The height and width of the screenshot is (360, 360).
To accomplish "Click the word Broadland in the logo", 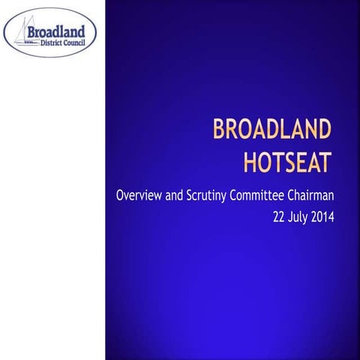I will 61,33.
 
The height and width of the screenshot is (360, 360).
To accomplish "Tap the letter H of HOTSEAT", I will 250,160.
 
